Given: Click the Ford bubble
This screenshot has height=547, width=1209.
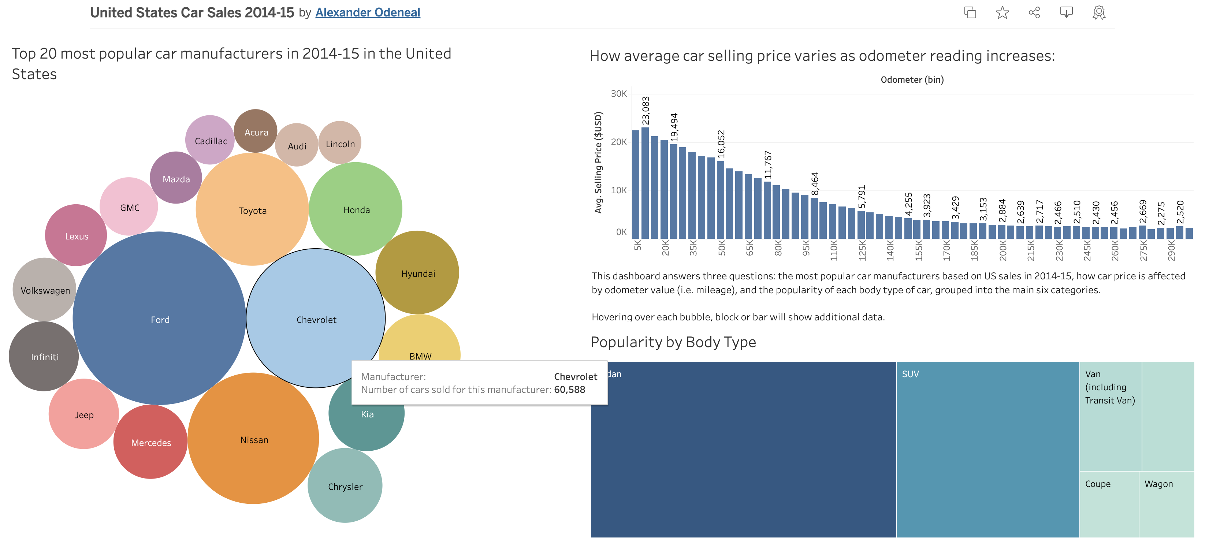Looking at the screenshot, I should tap(160, 319).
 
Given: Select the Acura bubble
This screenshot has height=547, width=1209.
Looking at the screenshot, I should tap(256, 131).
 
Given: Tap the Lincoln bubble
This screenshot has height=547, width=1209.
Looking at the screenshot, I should tap(340, 144).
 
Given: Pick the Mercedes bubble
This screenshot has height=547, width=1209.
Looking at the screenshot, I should tap(150, 442).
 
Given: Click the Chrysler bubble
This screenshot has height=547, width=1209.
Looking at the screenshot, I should tap(345, 486).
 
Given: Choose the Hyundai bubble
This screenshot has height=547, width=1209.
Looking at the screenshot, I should tap(418, 273).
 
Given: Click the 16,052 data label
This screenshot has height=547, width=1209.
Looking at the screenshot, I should tap(721, 144).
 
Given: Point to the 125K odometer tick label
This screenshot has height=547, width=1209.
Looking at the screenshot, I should tap(862, 250).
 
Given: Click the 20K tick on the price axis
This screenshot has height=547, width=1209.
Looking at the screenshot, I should tap(618, 142).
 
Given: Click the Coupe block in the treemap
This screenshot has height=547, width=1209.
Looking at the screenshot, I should tap(1109, 504).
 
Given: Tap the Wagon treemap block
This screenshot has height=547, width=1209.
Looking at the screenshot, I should tap(1166, 504).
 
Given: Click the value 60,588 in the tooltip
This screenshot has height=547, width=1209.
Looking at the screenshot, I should tap(569, 389).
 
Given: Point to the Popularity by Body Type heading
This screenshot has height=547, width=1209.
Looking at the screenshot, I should tap(673, 342).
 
